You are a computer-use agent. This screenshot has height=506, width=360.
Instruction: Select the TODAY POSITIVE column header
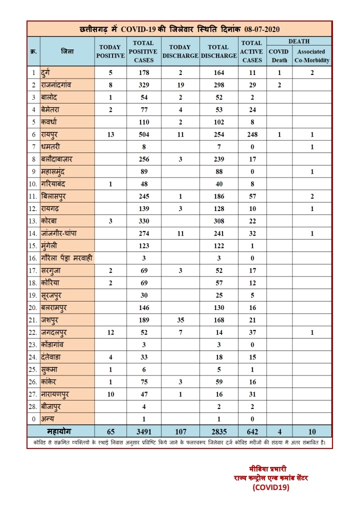pyautogui.click(x=110, y=51)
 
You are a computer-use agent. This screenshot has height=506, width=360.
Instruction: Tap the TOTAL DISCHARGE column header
pyautogui.click(x=218, y=51)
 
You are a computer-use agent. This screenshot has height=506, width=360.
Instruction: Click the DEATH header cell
pyautogui.click(x=298, y=41)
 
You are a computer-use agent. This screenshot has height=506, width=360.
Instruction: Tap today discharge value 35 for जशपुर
pyautogui.click(x=180, y=319)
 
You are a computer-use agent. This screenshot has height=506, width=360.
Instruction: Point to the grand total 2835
pyautogui.click(x=218, y=431)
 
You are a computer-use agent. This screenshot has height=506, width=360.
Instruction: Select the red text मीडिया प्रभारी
pyautogui.click(x=268, y=469)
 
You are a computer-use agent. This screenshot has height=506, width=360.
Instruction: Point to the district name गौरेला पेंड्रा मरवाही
pyautogui.click(x=67, y=257)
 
